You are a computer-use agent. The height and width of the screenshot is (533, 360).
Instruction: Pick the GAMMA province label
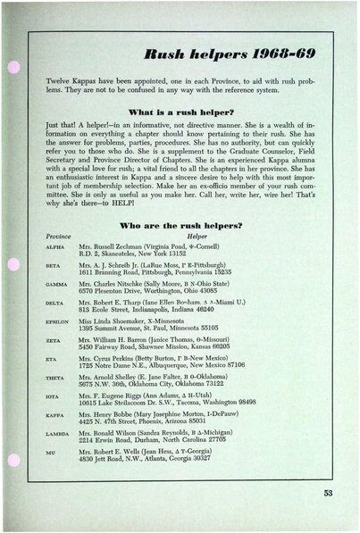(x=55, y=312)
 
